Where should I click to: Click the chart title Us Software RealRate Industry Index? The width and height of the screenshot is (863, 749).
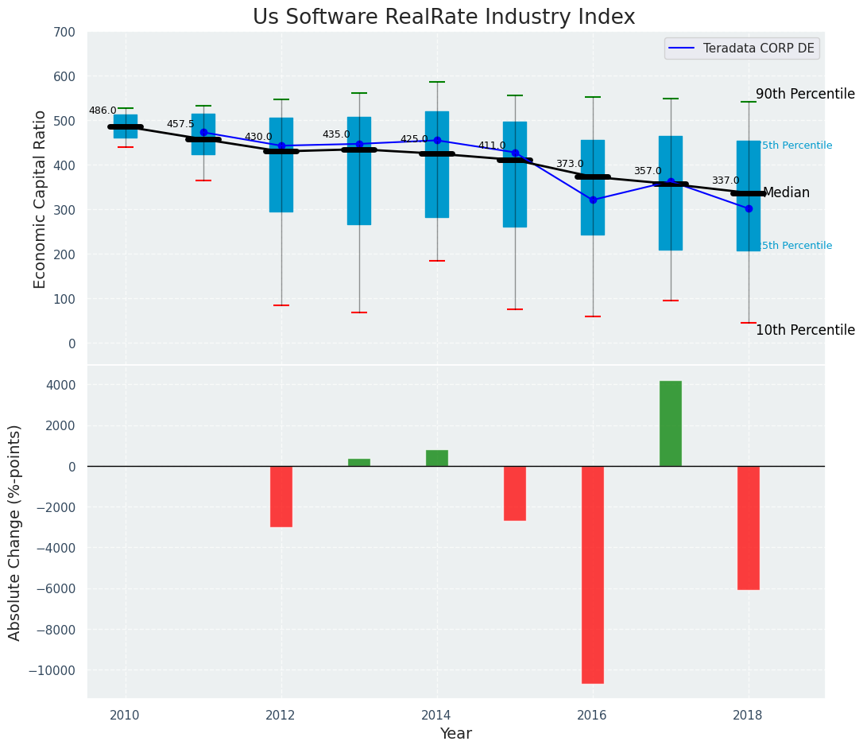tap(443, 17)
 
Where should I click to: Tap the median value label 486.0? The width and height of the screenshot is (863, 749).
tap(103, 111)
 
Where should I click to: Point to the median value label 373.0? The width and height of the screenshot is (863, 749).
tap(569, 165)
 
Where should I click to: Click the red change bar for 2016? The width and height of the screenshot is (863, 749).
tap(593, 574)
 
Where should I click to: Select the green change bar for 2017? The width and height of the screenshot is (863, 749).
tap(671, 424)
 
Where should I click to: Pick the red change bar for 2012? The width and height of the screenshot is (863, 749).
tap(281, 496)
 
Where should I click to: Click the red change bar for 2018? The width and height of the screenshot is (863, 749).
tap(749, 527)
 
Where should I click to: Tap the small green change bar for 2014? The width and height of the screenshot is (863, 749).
tap(437, 458)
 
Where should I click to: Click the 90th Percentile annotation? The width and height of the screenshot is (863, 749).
tap(805, 94)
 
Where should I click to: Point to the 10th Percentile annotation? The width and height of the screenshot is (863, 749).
tap(805, 331)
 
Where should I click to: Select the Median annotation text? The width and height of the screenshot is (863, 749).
tap(786, 193)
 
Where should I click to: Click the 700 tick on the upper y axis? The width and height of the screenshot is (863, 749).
tap(65, 33)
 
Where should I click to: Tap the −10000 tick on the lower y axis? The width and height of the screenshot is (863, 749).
tap(52, 671)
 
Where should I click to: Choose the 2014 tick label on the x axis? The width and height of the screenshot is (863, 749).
tap(437, 715)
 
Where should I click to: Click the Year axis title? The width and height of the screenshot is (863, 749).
tap(456, 734)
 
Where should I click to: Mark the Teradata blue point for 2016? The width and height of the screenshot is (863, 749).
tap(593, 200)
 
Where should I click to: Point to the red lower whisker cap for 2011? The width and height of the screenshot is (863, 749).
tap(203, 180)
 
